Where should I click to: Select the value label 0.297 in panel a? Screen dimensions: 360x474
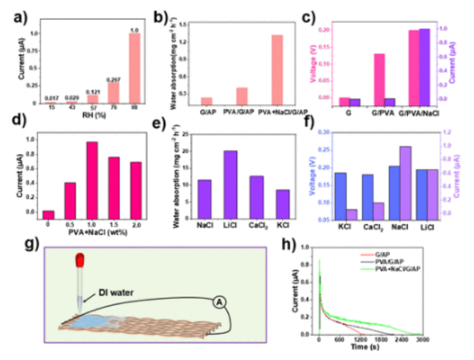pyautogui.click(x=113, y=79)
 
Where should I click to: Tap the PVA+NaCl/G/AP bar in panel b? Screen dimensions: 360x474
pyautogui.click(x=277, y=70)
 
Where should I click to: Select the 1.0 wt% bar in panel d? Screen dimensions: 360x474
pyautogui.click(x=92, y=179)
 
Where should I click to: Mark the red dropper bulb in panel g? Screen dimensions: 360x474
pyautogui.click(x=80, y=259)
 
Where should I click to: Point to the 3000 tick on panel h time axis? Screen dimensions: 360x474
pyautogui.click(x=422, y=339)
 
